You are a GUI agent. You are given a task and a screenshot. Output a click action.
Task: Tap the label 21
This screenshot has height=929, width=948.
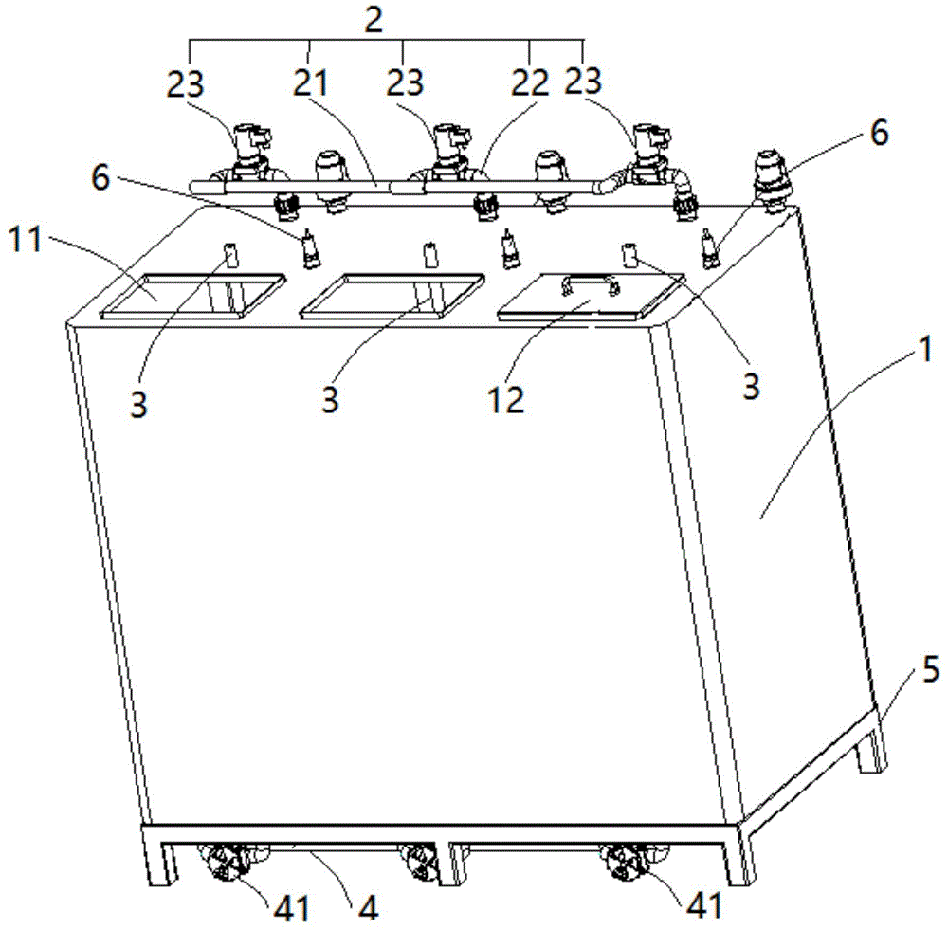click(310, 82)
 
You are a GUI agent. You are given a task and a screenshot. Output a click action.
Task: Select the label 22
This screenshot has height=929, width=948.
click(530, 82)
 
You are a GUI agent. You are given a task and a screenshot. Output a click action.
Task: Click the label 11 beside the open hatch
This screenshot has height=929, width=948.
click(25, 239)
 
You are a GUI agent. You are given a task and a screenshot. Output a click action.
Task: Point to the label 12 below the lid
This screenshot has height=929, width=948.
click(506, 399)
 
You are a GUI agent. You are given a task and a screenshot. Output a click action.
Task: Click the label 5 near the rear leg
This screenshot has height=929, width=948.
click(931, 670)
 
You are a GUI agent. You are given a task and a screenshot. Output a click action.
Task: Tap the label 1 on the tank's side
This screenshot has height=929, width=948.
click(925, 349)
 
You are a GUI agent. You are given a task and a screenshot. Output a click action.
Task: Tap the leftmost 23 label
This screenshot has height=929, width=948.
click(185, 84)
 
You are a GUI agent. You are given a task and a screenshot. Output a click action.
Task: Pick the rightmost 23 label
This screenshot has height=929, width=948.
click(583, 81)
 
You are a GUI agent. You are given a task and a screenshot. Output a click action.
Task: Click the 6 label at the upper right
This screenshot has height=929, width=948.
click(880, 132)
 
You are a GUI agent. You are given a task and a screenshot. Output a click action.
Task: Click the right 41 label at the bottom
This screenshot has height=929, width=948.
click(704, 905)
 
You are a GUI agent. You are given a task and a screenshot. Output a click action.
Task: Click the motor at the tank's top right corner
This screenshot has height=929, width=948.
click(775, 180)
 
